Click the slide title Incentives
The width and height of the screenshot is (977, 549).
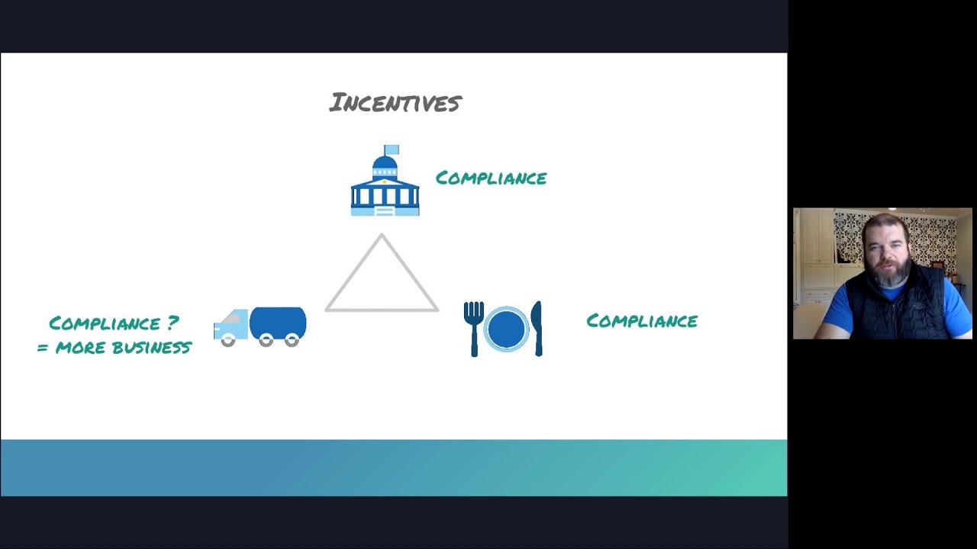(395, 102)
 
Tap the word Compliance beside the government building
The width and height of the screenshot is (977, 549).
(491, 178)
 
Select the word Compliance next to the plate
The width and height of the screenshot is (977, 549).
(641, 321)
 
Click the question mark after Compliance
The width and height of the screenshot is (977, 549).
(173, 323)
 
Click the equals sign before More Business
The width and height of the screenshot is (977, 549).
(43, 348)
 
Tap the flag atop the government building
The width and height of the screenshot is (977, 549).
(391, 149)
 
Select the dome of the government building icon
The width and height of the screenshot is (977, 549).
(385, 163)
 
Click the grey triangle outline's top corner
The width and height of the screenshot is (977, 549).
(382, 236)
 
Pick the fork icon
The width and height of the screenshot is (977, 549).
(474, 328)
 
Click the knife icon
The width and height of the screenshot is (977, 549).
(537, 328)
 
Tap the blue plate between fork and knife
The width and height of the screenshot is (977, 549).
(505, 329)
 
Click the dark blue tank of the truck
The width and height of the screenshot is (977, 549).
(278, 323)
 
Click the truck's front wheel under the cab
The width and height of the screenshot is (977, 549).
(227, 341)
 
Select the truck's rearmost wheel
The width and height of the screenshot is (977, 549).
(292, 341)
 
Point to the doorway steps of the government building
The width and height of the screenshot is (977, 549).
(385, 210)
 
